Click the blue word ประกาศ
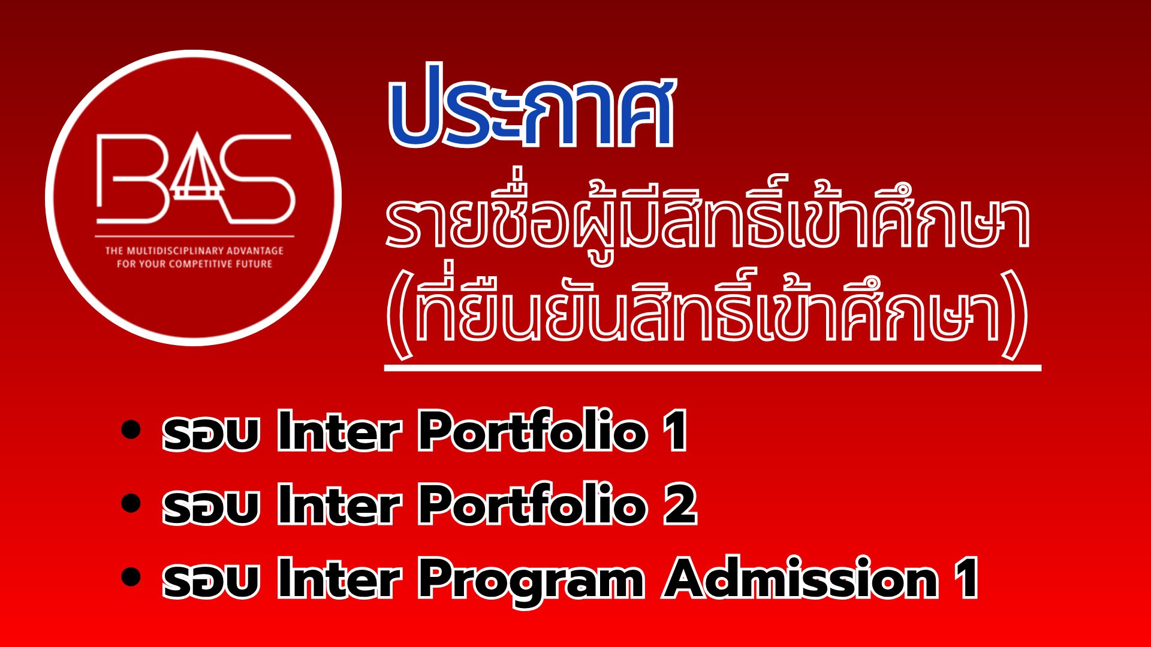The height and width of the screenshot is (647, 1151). pyautogui.click(x=532, y=107)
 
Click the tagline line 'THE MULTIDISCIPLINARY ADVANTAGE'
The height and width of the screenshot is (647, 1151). pyautogui.click(x=194, y=250)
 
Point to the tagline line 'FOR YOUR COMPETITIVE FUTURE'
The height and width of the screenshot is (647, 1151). pyautogui.click(x=194, y=264)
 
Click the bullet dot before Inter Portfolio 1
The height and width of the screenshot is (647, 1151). pyautogui.click(x=131, y=430)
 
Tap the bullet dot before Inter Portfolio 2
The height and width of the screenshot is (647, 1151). pyautogui.click(x=131, y=503)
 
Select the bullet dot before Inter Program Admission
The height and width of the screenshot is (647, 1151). pyautogui.click(x=131, y=577)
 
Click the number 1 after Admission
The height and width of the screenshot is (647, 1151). pyautogui.click(x=966, y=578)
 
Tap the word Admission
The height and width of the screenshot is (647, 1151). pyautogui.click(x=801, y=578)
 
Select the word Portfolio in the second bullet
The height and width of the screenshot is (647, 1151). pyautogui.click(x=532, y=504)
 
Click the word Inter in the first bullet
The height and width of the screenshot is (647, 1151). pyautogui.click(x=339, y=430)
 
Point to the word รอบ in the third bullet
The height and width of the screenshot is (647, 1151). pyautogui.click(x=210, y=580)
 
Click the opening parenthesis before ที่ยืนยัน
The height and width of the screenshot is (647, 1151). pyautogui.click(x=399, y=314)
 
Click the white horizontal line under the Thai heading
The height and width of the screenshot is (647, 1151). pyautogui.click(x=712, y=368)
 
